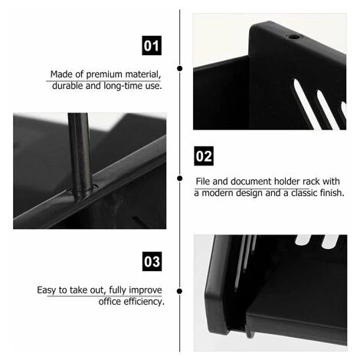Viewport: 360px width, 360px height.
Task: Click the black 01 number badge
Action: (152, 45)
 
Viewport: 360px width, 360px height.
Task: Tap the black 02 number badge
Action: (204, 156)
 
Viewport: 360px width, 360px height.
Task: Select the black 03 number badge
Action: (152, 261)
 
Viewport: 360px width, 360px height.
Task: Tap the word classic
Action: (304, 193)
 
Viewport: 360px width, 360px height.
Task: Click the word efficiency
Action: (144, 302)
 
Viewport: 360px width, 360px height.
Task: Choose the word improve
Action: (146, 290)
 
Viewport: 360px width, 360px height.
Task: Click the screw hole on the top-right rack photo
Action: (293, 37)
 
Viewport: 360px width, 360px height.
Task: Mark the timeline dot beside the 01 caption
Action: (180, 68)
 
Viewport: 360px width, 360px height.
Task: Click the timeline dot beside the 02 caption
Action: (180, 178)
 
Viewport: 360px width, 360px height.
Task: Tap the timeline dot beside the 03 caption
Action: (179, 291)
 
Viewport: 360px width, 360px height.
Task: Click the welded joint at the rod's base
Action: (81, 190)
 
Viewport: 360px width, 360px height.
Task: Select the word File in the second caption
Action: (203, 182)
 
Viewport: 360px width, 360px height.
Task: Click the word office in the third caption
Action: (110, 302)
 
